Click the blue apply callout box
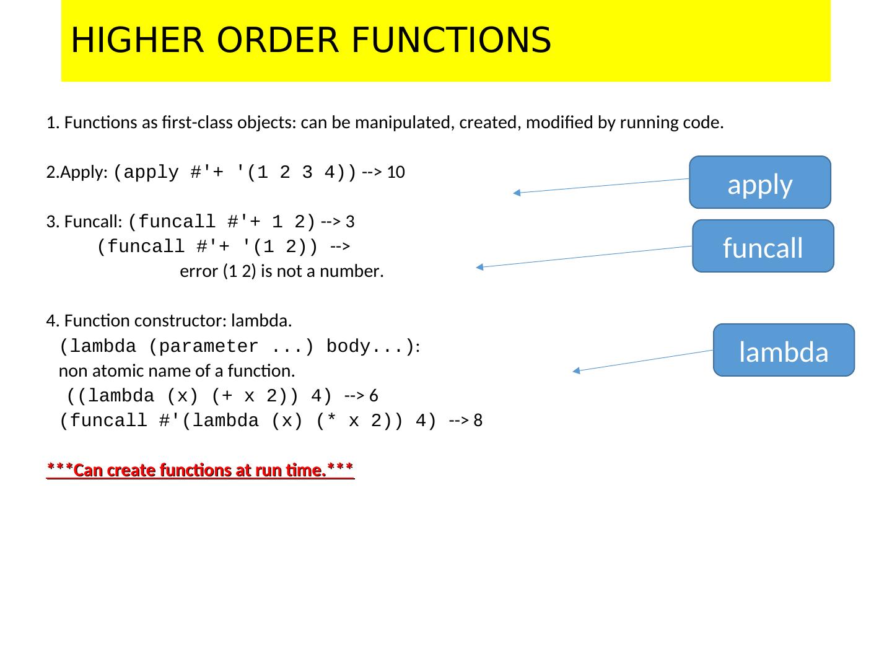pos(759,182)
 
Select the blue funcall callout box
pos(763,247)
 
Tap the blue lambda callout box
pos(784,351)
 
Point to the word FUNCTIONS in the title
pos(451,41)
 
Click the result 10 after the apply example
pos(396,173)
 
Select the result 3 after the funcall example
pos(350,222)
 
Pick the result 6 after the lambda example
pos(374,396)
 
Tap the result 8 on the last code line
pos(478,421)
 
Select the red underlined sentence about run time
pos(200,471)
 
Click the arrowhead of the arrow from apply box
pos(516,193)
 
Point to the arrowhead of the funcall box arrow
pos(479,268)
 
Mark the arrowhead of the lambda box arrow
pos(575,371)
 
